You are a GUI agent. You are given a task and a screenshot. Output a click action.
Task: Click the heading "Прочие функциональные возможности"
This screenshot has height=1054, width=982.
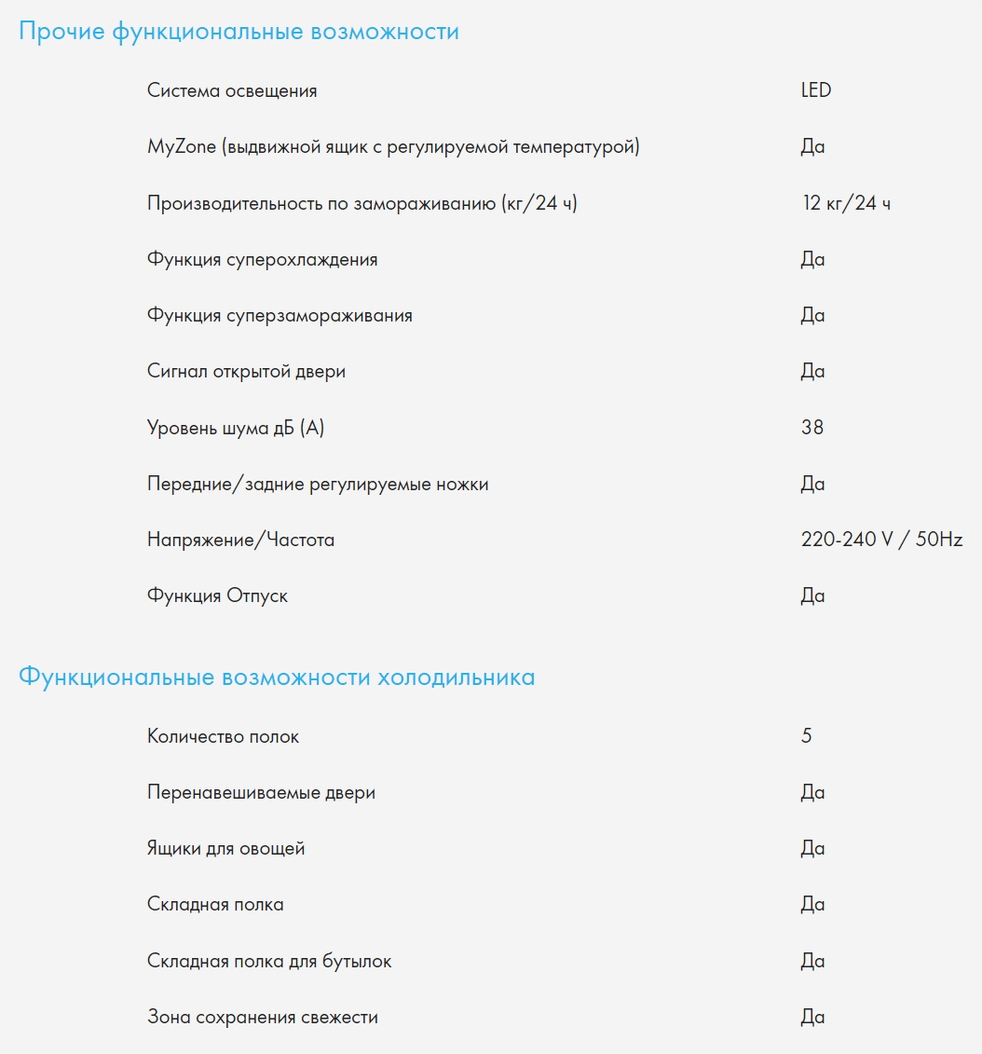(x=239, y=32)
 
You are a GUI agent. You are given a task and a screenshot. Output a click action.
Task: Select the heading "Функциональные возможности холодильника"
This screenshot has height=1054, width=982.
(x=277, y=678)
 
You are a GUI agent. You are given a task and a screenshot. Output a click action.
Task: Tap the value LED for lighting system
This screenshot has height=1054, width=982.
(x=815, y=90)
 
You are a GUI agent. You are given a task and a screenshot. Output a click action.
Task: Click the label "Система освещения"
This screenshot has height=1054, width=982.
(x=232, y=90)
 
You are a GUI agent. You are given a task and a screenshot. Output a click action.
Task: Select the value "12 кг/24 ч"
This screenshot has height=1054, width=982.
(x=845, y=203)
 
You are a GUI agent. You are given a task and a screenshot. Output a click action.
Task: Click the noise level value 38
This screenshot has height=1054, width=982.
(x=812, y=428)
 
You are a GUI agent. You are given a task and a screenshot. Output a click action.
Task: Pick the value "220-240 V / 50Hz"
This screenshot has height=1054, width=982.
(x=881, y=540)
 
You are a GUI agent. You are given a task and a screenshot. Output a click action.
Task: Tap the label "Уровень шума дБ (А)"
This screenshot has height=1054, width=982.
(x=236, y=428)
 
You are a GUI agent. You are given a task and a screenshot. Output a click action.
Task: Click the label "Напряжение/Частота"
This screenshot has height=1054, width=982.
(x=240, y=540)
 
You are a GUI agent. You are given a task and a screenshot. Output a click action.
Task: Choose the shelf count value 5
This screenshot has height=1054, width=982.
(x=806, y=736)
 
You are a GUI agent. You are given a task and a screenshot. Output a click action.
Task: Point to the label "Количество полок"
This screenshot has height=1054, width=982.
(x=224, y=736)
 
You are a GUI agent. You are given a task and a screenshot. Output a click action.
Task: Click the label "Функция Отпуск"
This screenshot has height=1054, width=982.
(x=217, y=595)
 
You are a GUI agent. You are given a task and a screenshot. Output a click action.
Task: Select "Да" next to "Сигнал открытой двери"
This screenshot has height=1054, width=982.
(x=812, y=372)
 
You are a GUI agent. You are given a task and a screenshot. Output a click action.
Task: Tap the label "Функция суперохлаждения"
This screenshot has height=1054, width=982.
(x=262, y=259)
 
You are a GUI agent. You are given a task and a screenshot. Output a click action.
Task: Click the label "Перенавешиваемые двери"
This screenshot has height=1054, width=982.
(x=261, y=793)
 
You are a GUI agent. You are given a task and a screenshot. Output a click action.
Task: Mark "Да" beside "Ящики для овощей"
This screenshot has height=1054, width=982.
(x=812, y=849)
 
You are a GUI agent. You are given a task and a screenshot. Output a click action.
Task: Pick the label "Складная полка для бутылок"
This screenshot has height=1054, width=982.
(x=269, y=961)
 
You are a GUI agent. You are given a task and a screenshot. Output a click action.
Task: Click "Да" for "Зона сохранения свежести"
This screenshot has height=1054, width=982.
(x=812, y=1017)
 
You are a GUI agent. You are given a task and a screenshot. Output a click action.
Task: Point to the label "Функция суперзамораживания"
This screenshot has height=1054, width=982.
(x=280, y=315)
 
